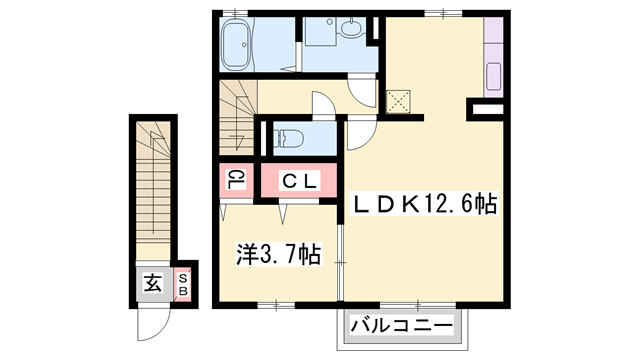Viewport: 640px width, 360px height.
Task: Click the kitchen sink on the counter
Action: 493,76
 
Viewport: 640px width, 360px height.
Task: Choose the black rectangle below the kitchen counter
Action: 488,106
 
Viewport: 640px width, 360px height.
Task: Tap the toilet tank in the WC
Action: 271,136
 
